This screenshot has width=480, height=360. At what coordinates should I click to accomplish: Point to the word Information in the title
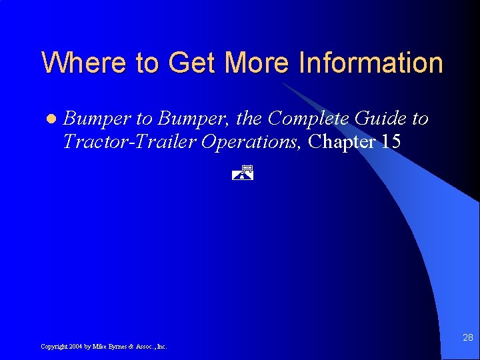click(371, 63)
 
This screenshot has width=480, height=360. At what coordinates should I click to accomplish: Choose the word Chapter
click(340, 141)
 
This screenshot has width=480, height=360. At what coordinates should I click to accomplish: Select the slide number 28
click(468, 339)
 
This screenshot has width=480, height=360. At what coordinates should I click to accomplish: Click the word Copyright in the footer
click(53, 347)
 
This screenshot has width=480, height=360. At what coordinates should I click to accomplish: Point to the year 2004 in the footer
click(75, 347)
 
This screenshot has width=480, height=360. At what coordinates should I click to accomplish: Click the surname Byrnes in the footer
click(117, 347)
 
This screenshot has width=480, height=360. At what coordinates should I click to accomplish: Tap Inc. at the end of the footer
click(162, 347)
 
